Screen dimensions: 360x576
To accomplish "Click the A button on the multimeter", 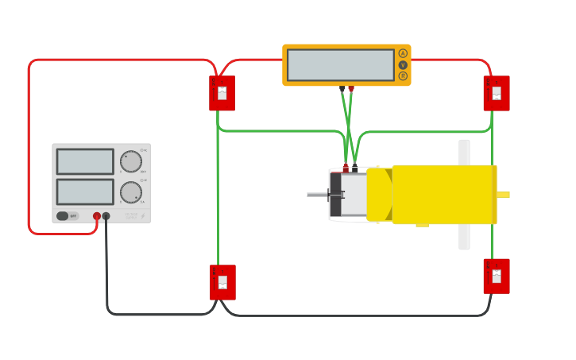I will [403, 53].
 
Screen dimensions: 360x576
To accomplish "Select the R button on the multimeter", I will [403, 76].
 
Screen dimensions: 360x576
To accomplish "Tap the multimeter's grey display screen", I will [340, 65].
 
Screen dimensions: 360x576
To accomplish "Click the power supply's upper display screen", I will [85, 161].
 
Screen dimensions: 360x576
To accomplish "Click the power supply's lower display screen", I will [85, 192].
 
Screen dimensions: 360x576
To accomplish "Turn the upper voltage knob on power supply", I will [130, 161].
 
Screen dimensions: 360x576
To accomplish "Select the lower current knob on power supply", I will [130, 192].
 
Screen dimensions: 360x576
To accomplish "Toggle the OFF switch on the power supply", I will [67, 215].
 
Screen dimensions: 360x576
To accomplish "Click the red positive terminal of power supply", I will [97, 215].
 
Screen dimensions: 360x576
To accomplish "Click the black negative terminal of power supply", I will [106, 215].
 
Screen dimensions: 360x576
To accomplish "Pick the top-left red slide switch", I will [222, 93].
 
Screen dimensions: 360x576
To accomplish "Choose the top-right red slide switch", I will [497, 93].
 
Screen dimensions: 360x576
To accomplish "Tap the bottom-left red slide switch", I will [222, 282].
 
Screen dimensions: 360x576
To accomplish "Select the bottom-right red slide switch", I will [497, 276].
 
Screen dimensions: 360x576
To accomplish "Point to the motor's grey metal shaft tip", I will [311, 195].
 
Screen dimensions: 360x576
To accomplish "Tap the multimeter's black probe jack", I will [342, 87].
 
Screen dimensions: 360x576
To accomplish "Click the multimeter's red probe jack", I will [351, 87].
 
